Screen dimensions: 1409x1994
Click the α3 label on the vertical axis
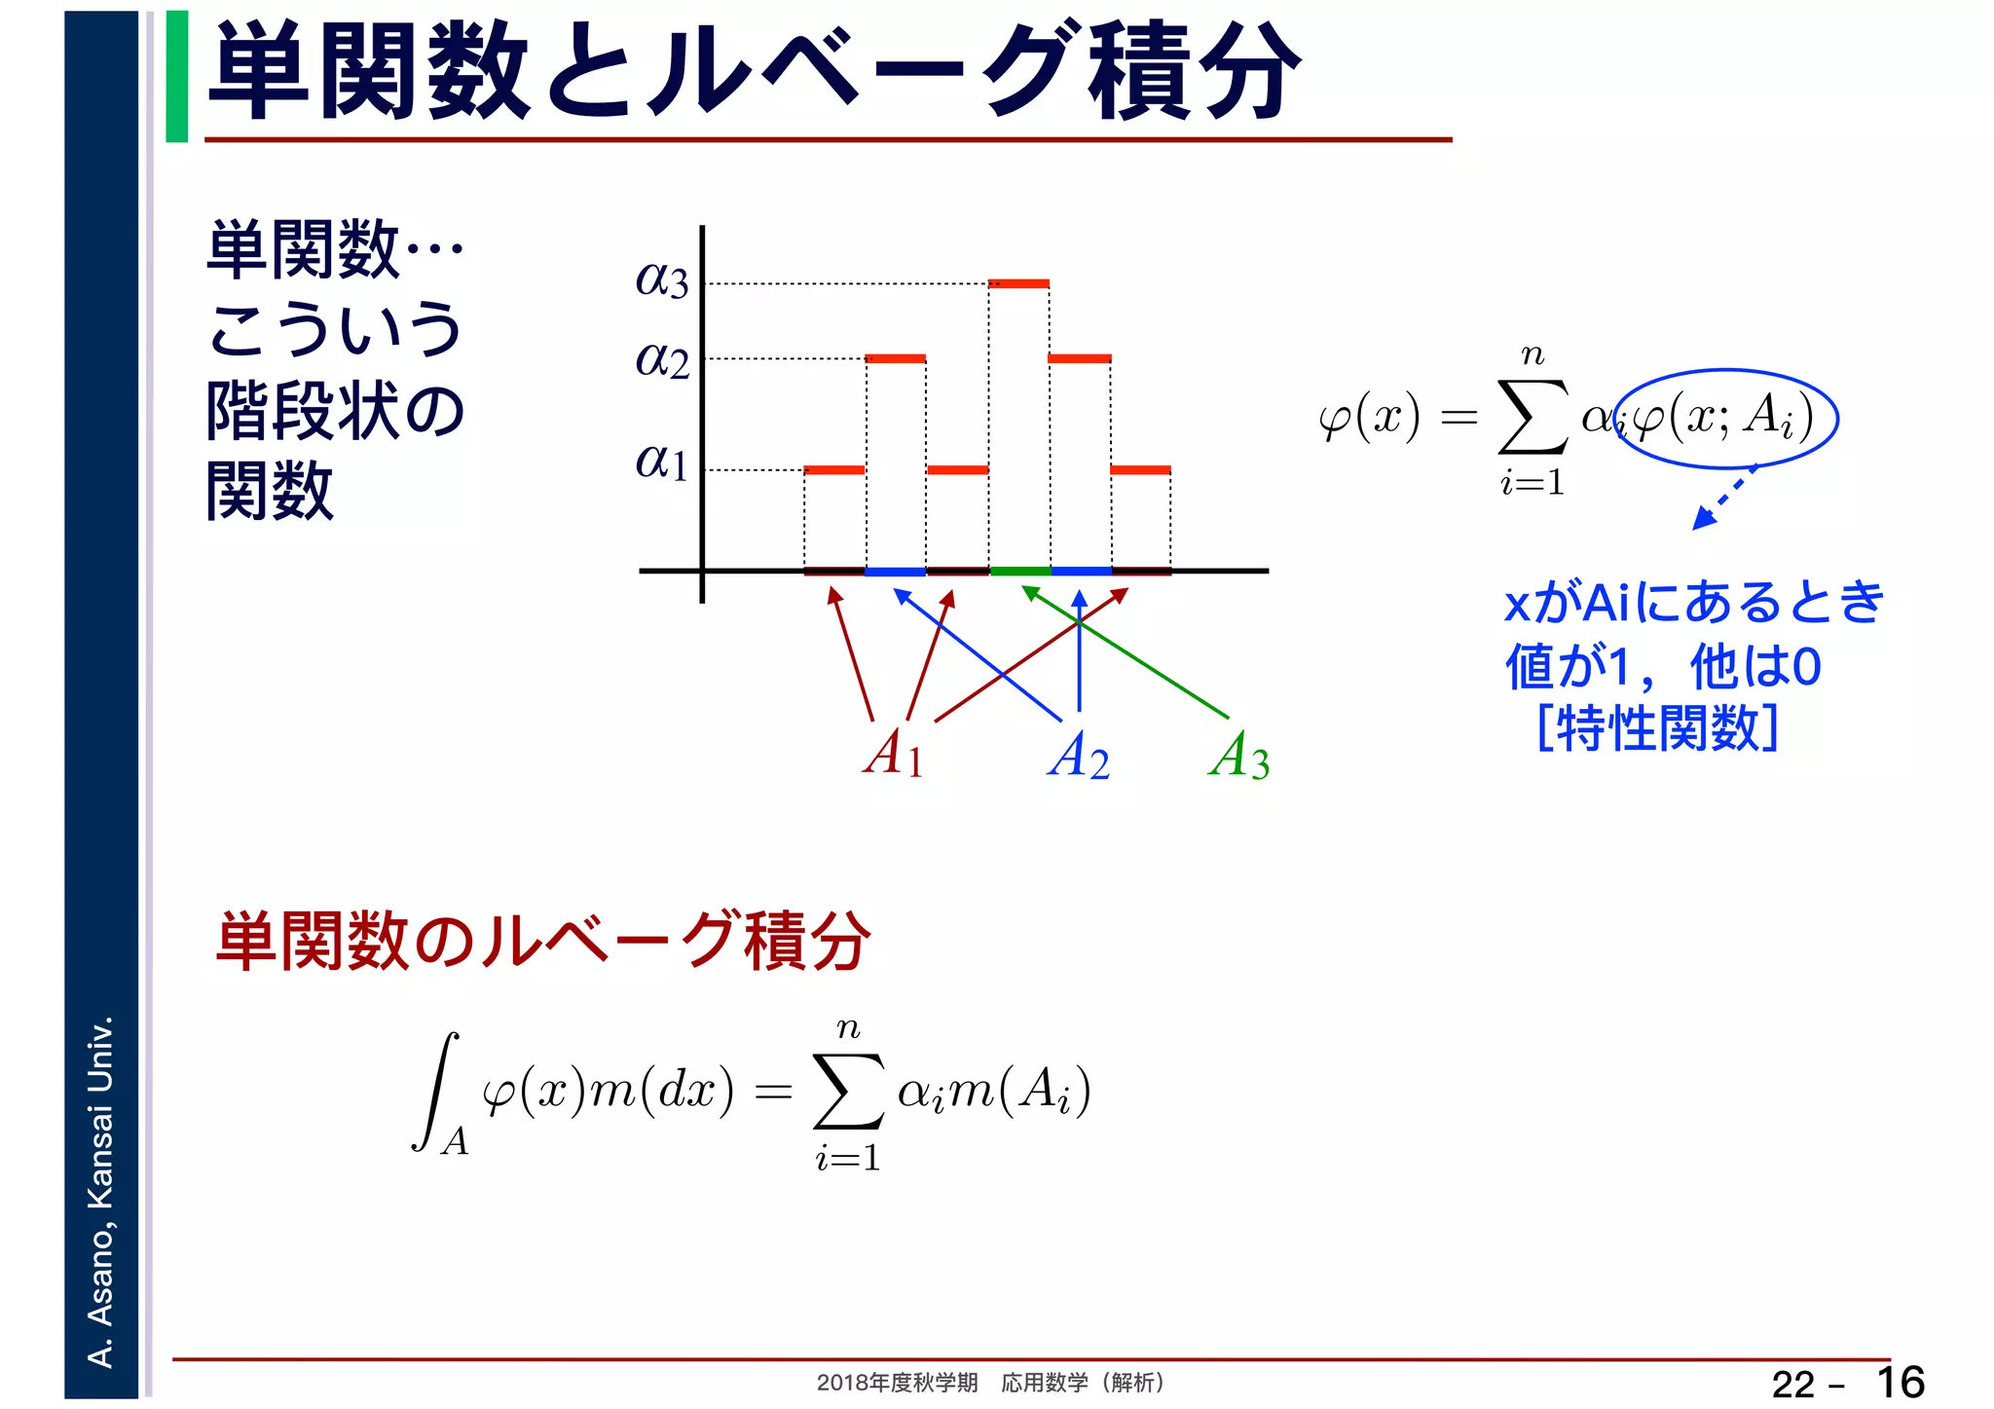point(662,280)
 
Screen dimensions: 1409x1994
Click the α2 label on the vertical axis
point(662,360)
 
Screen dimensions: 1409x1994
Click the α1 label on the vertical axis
point(662,462)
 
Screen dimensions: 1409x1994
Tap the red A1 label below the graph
point(893,754)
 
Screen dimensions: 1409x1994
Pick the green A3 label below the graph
point(1239,756)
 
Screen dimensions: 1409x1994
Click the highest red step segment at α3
point(1018,284)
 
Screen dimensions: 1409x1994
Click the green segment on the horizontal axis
point(1019,571)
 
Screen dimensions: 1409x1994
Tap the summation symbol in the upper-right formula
point(1532,418)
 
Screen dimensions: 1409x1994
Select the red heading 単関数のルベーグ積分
point(542,942)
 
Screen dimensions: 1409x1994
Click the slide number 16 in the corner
point(1900,1383)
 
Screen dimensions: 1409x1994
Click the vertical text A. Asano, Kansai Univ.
point(101,1191)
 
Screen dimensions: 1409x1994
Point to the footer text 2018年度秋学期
point(897,1383)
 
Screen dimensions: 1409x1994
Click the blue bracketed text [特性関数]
point(1657,727)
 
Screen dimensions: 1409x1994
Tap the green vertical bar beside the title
point(177,76)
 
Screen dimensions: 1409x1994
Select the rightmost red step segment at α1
point(1140,470)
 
